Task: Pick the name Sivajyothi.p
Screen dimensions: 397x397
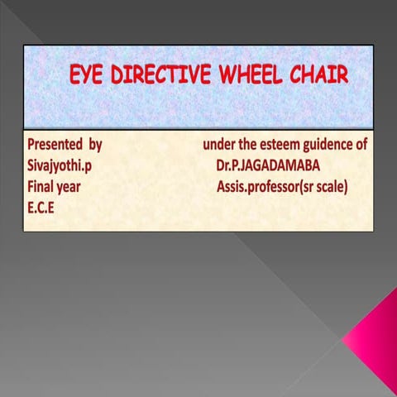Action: click(57, 165)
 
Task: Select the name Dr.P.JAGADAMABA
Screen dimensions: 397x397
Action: click(267, 165)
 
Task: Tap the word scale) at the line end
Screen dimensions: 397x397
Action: click(331, 187)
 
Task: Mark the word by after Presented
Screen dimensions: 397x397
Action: click(95, 145)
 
